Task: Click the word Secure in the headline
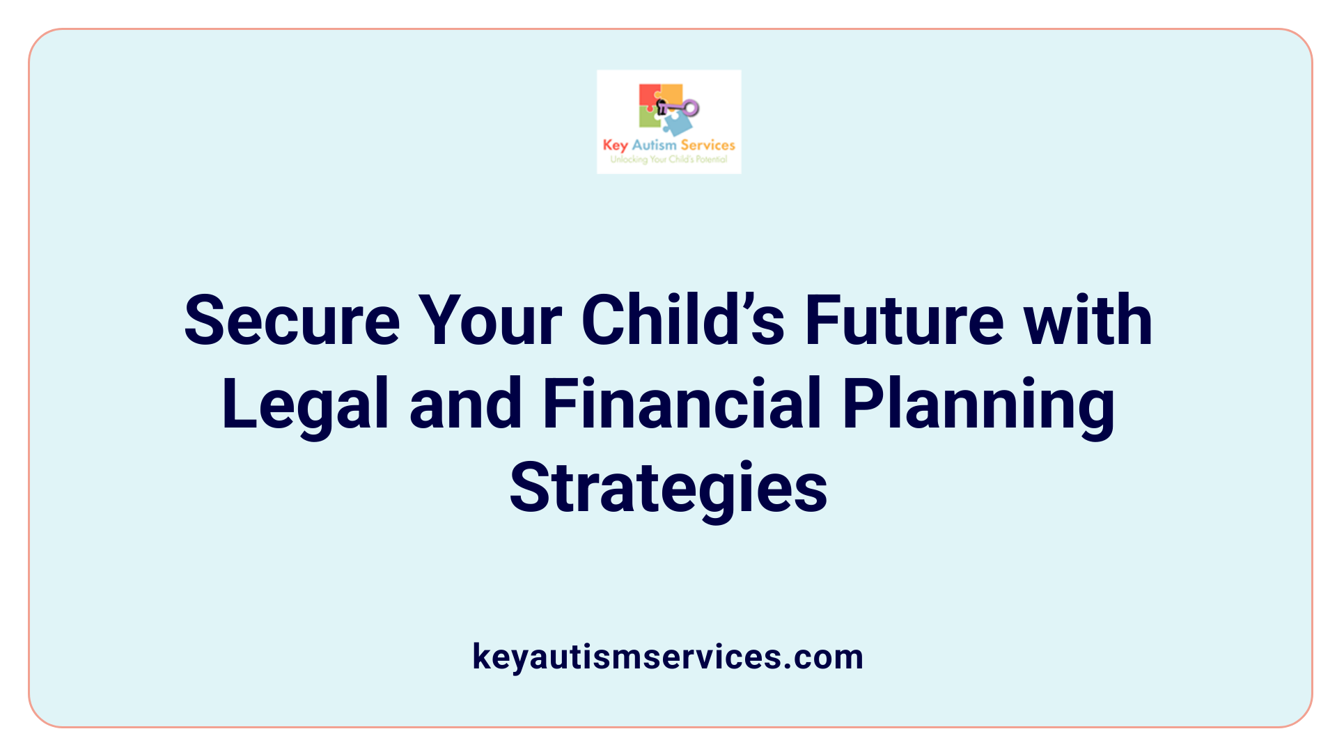pos(292,321)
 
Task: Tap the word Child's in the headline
pos(683,321)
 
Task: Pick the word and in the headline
pos(465,405)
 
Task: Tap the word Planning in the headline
pos(978,405)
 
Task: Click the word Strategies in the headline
pos(668,488)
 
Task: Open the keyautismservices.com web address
pos(668,657)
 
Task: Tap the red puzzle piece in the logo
pos(648,96)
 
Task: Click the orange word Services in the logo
pos(707,145)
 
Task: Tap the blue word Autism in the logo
pos(654,145)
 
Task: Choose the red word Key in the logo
pos(615,145)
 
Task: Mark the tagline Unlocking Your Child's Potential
pos(668,159)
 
